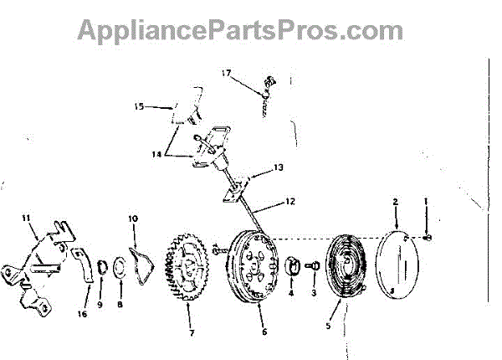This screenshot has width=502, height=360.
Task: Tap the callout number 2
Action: pyautogui.click(x=395, y=202)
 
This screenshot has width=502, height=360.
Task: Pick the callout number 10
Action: pyautogui.click(x=132, y=219)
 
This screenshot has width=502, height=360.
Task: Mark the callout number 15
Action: pyautogui.click(x=139, y=106)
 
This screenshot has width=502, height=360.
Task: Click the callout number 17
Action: pyautogui.click(x=225, y=74)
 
